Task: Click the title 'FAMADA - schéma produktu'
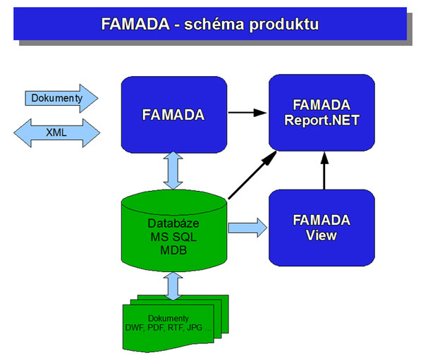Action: pyautogui.click(x=209, y=23)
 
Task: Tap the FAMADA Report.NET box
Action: pyautogui.click(x=321, y=113)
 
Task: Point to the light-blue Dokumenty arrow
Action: pyautogui.click(x=61, y=98)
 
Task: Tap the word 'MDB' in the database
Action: pyautogui.click(x=173, y=250)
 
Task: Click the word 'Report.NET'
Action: pyautogui.click(x=321, y=120)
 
